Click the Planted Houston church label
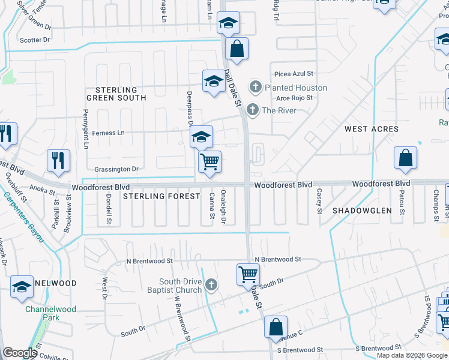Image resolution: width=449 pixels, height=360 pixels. point(296,88)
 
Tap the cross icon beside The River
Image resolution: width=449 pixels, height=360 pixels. point(253,110)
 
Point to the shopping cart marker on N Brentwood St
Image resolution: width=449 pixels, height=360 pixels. point(248,274)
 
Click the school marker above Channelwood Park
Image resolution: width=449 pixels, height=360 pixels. point(22,286)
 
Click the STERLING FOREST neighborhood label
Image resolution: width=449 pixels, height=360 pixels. point(161,196)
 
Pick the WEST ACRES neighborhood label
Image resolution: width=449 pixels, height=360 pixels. point(372,129)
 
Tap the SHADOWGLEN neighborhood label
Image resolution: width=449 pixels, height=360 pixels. point(362,211)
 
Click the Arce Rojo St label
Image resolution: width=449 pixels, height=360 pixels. point(295,98)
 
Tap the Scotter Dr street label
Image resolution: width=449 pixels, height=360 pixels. point(35,40)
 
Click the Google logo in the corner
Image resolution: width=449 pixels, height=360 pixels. point(20,353)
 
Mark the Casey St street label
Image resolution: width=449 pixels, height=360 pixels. point(319,202)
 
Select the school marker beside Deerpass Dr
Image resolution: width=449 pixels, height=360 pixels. point(202,137)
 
